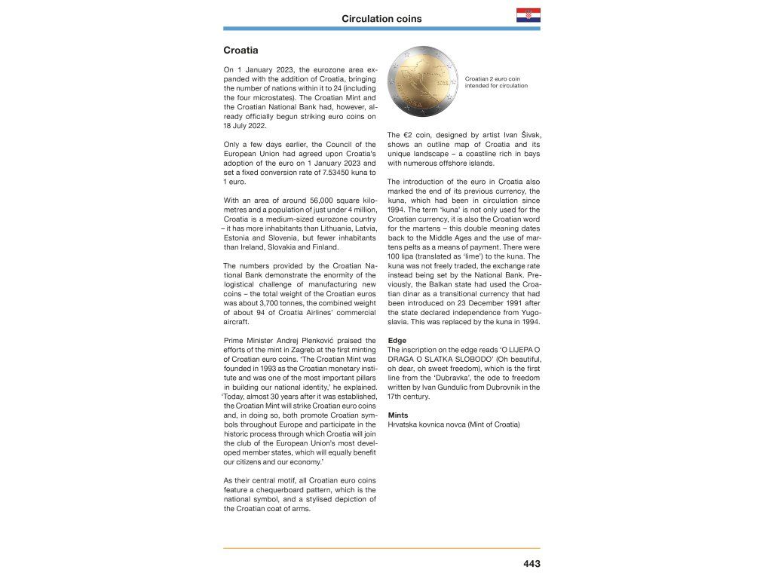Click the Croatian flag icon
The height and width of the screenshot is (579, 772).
tap(528, 16)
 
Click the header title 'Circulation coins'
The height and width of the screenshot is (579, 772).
tap(381, 19)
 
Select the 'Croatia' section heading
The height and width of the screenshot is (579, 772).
tap(240, 51)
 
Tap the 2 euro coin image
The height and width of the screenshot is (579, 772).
tap(424, 81)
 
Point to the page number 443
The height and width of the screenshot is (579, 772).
tap(532, 563)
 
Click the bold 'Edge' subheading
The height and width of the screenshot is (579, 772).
tap(397, 341)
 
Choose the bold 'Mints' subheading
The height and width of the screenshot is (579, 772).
tap(398, 415)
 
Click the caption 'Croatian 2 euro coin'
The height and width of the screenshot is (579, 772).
tap(492, 78)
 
